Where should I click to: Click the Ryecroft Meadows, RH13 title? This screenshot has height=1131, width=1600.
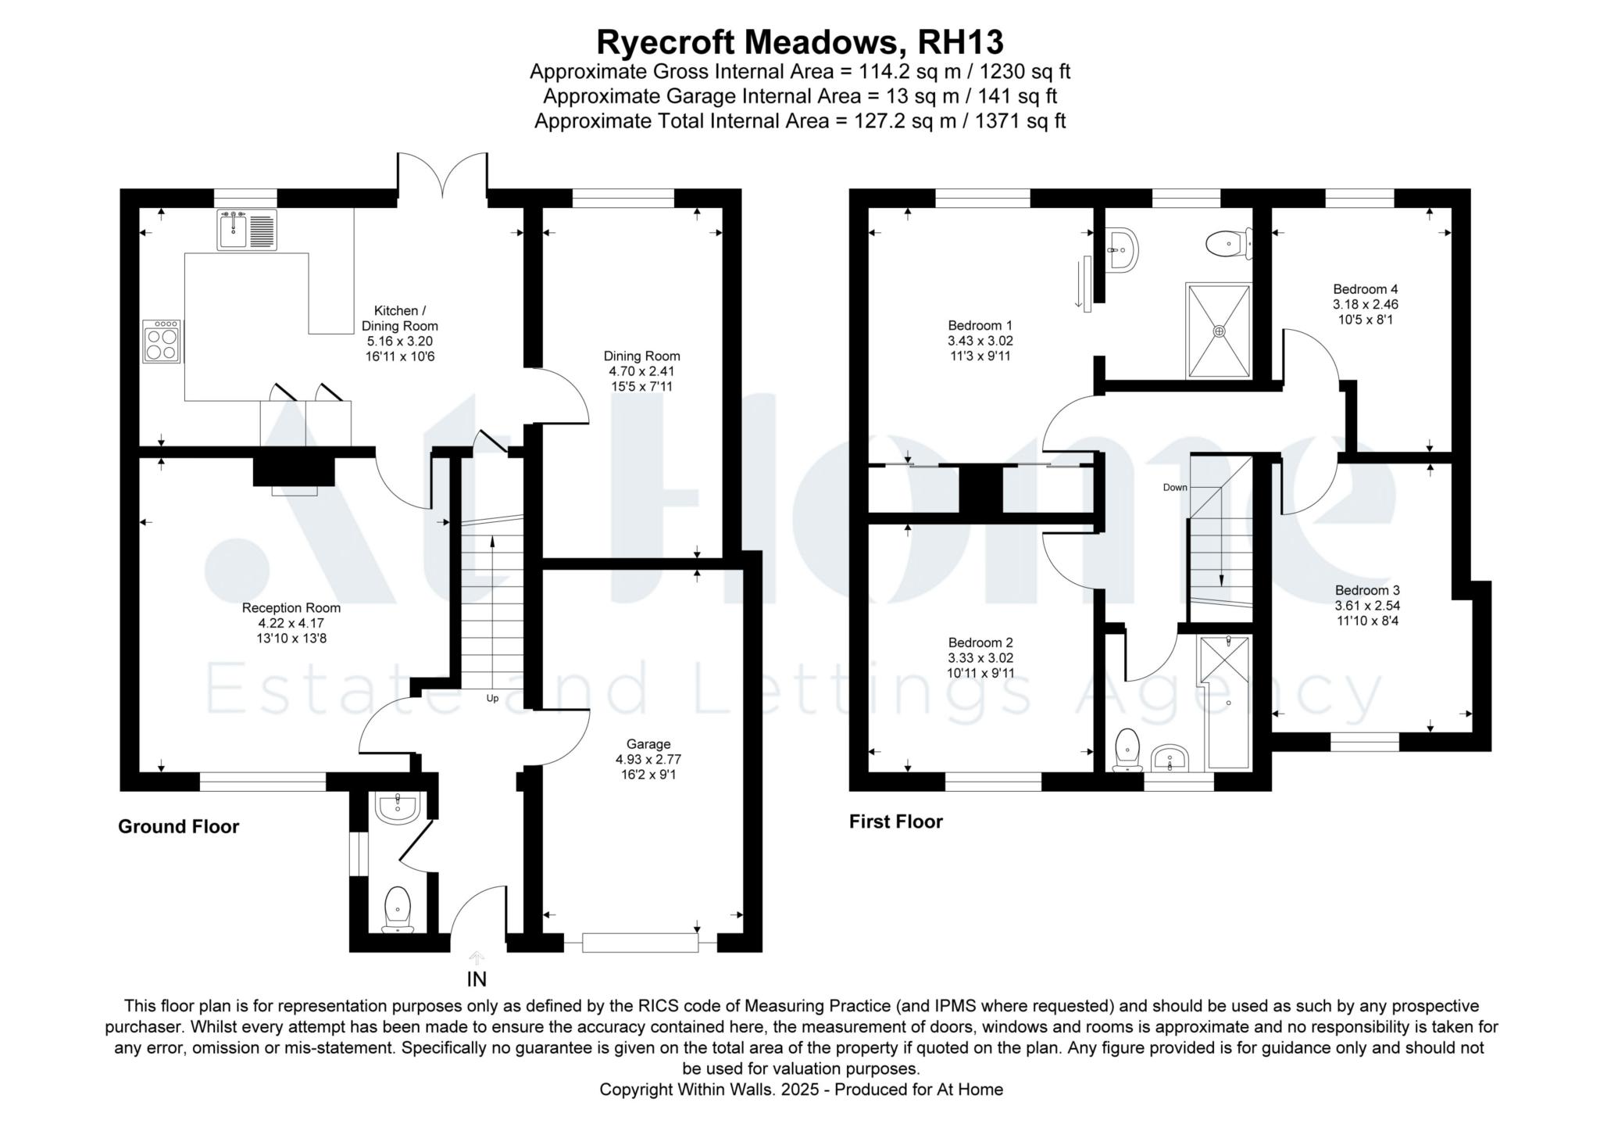pos(800,42)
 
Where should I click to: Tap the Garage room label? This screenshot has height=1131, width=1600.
pos(648,744)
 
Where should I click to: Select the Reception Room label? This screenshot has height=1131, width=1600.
pos(291,608)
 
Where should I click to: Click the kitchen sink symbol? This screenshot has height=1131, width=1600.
pos(247,231)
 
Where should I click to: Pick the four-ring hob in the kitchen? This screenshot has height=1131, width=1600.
pos(162,341)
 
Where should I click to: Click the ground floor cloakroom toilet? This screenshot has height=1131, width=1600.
pos(398,908)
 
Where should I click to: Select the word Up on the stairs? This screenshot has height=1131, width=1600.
pos(492,699)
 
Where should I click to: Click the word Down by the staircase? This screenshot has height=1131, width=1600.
pos(1175,488)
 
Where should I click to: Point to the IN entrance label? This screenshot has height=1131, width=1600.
pos(477,979)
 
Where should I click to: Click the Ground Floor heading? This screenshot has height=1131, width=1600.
pos(179,827)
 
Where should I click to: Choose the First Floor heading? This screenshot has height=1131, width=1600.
pos(896,821)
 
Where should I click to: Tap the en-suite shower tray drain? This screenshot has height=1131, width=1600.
pos(1220,331)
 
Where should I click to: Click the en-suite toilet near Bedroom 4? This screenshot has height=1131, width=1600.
pos(1229,244)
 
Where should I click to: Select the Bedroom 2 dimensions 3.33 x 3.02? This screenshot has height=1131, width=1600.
pos(980,658)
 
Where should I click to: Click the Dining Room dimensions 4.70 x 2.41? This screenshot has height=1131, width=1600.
pos(642,371)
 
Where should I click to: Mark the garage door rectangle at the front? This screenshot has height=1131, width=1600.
pos(640,943)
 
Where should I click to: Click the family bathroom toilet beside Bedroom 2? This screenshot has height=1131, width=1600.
pos(1127,750)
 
